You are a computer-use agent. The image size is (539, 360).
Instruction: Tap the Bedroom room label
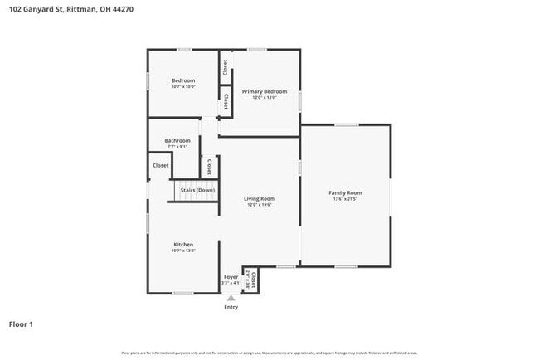183,80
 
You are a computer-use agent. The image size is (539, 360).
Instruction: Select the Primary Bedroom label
265,90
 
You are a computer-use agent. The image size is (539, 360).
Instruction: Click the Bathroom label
177,140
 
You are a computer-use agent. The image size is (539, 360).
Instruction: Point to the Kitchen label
183,245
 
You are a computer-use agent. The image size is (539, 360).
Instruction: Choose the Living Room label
260,198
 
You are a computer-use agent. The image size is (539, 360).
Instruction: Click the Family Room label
346,192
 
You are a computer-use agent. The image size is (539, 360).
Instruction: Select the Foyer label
231,276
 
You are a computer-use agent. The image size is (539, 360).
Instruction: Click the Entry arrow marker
231,298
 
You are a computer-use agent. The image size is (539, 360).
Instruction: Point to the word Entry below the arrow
231,307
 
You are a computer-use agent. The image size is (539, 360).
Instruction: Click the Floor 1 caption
21,324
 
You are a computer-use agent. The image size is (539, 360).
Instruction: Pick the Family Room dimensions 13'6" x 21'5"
346,199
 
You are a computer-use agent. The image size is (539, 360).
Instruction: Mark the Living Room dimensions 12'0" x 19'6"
260,205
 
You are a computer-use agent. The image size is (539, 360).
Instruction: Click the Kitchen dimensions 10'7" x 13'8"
183,251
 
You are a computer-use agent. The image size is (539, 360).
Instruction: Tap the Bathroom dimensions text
177,147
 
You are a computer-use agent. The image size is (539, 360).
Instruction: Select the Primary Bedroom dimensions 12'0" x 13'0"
265,97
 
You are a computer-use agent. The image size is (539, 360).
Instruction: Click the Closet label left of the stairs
161,165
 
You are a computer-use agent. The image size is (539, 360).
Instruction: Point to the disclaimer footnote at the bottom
269,353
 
